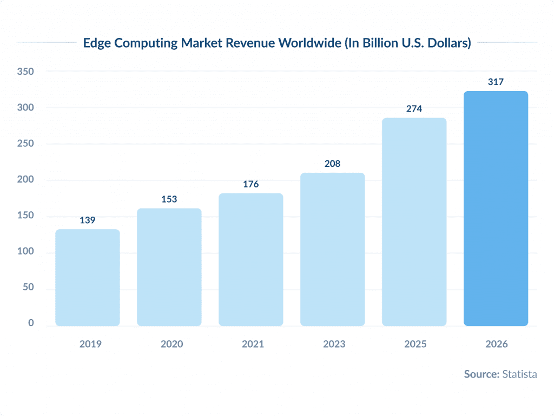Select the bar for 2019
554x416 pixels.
[88, 277]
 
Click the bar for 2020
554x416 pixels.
[169, 267]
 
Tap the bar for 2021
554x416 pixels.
[250, 259]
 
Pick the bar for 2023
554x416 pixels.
[332, 249]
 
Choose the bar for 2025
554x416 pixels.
[414, 222]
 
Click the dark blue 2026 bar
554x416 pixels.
[496, 209]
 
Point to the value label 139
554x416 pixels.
[88, 220]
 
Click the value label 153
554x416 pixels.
[169, 199]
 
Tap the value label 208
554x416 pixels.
[332, 164]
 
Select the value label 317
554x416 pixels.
[496, 82]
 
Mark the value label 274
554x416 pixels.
[414, 109]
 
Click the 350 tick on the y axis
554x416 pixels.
[25, 71]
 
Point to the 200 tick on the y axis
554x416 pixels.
[25, 180]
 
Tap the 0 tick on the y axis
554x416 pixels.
[31, 323]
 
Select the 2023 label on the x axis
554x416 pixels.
[333, 344]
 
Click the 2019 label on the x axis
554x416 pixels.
[90, 344]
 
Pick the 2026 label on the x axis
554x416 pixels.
[497, 344]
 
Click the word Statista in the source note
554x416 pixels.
[519, 374]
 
